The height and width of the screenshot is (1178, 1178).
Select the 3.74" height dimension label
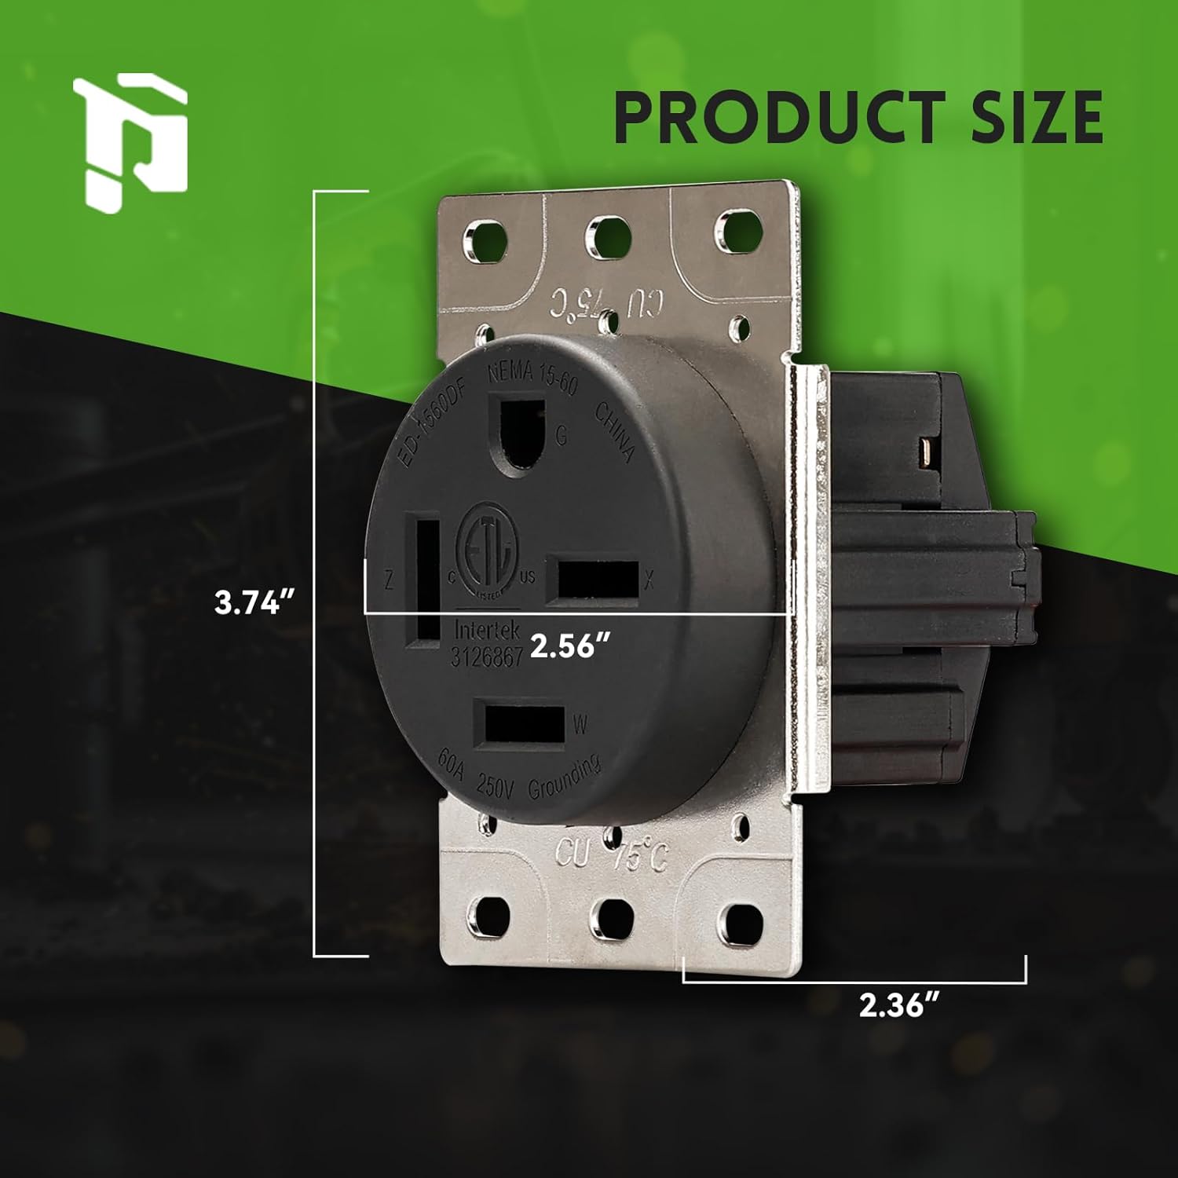[254, 604]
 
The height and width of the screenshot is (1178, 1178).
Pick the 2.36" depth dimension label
[901, 1006]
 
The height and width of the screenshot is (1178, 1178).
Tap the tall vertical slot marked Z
[424, 580]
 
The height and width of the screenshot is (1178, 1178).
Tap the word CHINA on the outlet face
[615, 431]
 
